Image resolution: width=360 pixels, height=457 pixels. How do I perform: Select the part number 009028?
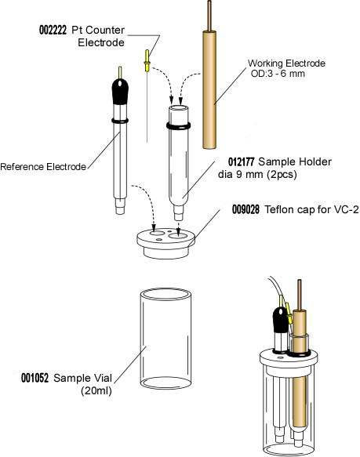pyautogui.click(x=247, y=210)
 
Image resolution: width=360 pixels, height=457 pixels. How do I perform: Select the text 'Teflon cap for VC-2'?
pyautogui.click(x=306, y=210)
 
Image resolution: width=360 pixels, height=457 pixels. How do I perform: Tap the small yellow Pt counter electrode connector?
pyautogui.click(x=146, y=59)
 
